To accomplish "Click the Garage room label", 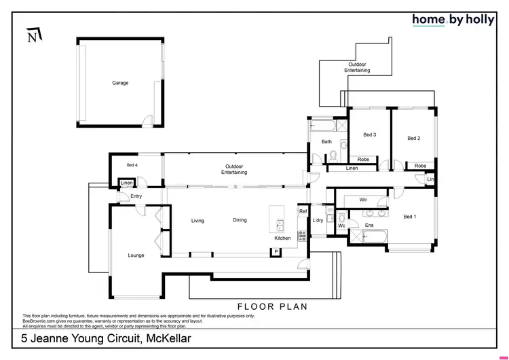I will point(120,83).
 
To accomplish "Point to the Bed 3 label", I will point(369,134).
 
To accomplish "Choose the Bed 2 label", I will point(413,138).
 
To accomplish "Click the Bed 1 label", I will point(410,217).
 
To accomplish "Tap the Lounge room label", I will point(136,255).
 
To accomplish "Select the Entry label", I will point(136,197).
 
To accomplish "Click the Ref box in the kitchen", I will point(303,212).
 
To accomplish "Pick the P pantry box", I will point(276,252).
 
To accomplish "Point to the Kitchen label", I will point(282,238).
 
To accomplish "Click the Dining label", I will point(240,220).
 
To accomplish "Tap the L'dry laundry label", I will point(317,221).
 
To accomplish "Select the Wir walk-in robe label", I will point(363,200).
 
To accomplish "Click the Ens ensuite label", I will point(369,225).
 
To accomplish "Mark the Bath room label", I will point(326,142).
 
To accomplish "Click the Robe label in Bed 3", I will point(363,159).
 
